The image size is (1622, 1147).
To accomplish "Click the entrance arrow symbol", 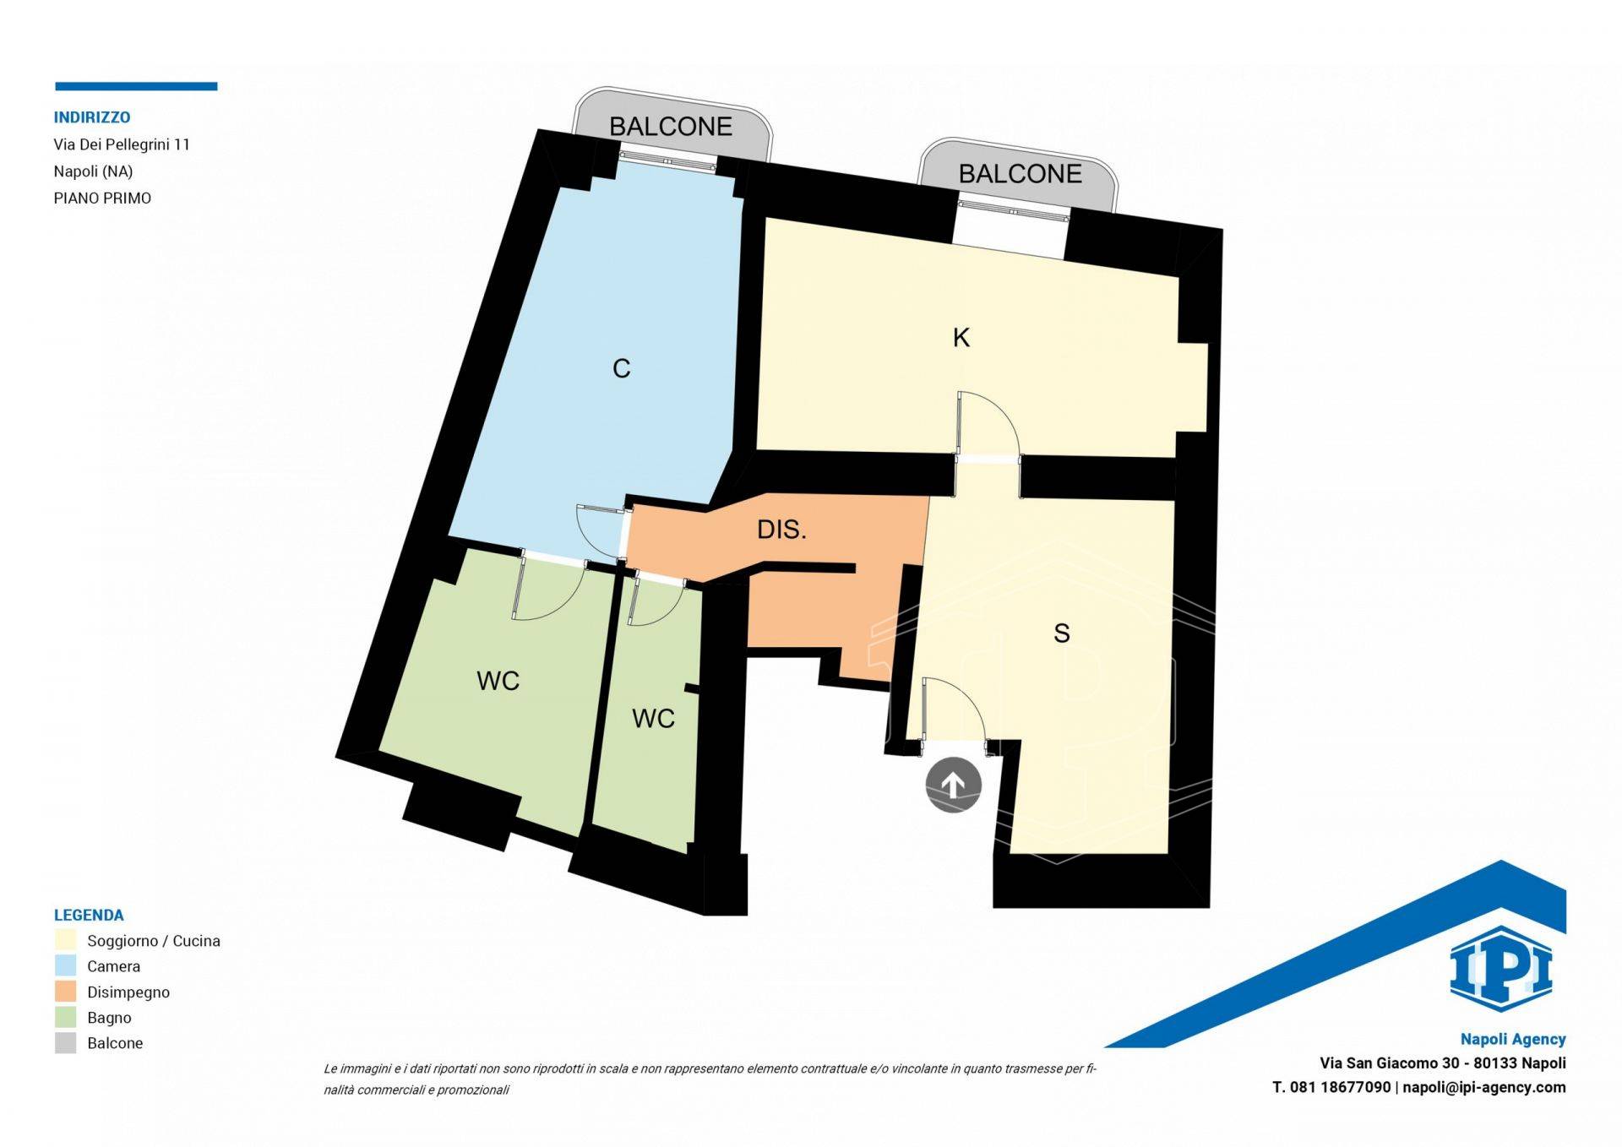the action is point(953,786).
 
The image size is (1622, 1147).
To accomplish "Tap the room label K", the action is point(961,338).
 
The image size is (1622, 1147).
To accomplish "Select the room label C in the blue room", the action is point(621,368).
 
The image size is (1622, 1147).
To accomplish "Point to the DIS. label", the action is point(781,530).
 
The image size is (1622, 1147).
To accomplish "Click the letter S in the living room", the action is point(1062,633).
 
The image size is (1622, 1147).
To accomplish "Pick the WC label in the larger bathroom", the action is point(498,681).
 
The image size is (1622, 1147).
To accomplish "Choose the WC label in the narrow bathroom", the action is point(653,718).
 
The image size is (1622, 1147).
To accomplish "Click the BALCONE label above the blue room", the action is point(671,126).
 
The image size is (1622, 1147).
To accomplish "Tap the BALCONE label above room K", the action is point(1020,173).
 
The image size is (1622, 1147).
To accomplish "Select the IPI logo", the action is point(1501,969).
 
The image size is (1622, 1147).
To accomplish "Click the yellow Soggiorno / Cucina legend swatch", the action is point(65,940).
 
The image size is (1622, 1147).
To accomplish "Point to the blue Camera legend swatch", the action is point(65,965).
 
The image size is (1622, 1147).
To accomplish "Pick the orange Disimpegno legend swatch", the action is point(65,992).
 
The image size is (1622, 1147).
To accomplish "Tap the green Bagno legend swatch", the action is point(65,1017).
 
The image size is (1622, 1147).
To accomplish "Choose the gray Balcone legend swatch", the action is point(65,1042).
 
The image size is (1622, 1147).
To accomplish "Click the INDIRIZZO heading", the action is point(92,117).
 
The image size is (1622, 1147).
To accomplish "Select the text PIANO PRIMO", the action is point(102,198).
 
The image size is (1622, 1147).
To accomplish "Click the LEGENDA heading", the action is point(89,915).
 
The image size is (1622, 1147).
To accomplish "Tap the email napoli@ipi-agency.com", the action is point(1484,1088).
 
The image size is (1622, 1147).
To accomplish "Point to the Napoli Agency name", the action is point(1513,1040).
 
